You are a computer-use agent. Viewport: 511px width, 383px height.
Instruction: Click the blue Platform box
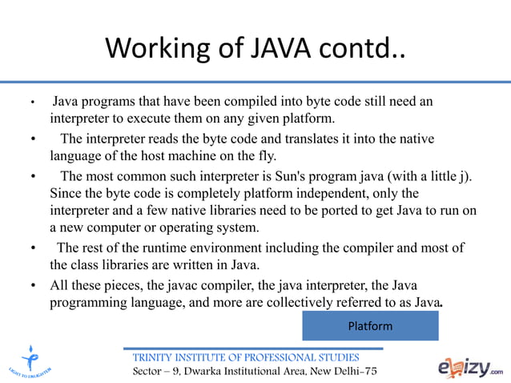pyautogui.click(x=370, y=326)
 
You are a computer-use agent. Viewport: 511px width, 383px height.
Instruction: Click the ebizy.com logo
pyautogui.click(x=471, y=366)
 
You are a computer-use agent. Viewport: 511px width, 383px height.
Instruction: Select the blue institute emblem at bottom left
pyautogui.click(x=31, y=359)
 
